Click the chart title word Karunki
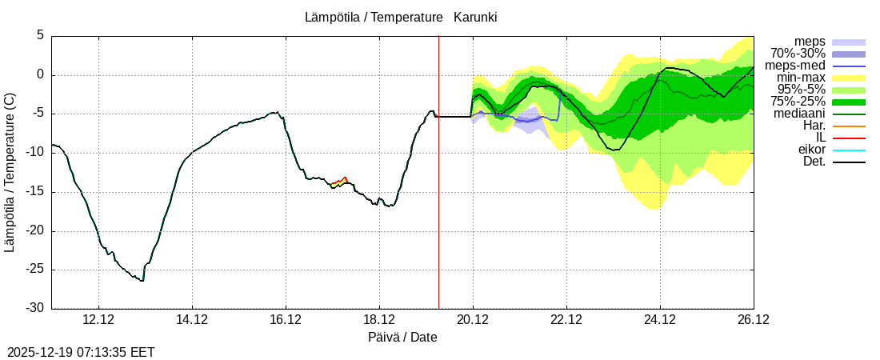click(x=475, y=17)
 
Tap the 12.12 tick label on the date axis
click(x=98, y=320)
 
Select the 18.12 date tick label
click(x=379, y=320)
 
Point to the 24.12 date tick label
click(x=660, y=320)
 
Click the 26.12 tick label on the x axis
click(x=754, y=320)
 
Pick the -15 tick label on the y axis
click(x=36, y=192)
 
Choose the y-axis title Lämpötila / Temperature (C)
click(x=10, y=172)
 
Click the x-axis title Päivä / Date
click(x=402, y=338)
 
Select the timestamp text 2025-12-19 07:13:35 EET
click(x=81, y=352)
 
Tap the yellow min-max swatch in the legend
click(x=849, y=78)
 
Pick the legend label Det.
click(x=814, y=162)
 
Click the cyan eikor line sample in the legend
click(x=849, y=150)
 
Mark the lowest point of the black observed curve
click(x=142, y=281)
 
